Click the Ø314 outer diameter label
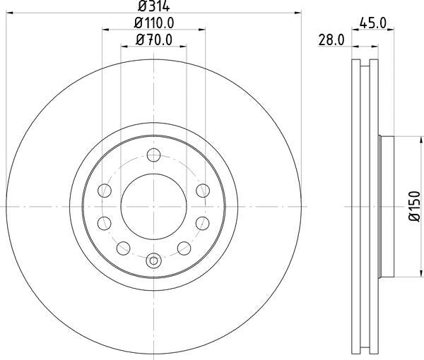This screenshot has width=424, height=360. pyautogui.click(x=154, y=6)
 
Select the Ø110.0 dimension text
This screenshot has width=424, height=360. pyautogui.click(x=154, y=23)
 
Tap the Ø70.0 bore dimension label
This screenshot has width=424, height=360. pyautogui.click(x=154, y=40)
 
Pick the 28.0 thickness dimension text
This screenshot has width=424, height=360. pyautogui.click(x=329, y=41)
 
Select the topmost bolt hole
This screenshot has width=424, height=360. pyautogui.click(x=154, y=155)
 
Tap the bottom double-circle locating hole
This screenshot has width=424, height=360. pyautogui.click(x=154, y=260)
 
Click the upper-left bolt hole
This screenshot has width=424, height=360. pyautogui.click(x=105, y=190)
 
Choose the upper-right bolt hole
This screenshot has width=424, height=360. pyautogui.click(x=203, y=190)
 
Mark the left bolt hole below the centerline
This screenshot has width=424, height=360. pyautogui.click(x=105, y=223)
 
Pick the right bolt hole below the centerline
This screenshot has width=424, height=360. pyautogui.click(x=203, y=223)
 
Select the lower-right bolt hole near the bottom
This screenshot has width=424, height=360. pyautogui.click(x=184, y=247)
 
